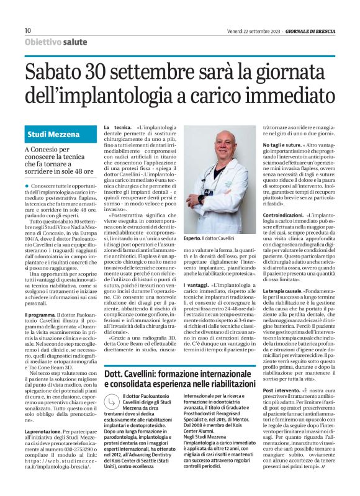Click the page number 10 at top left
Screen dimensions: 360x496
[x=27, y=30]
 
